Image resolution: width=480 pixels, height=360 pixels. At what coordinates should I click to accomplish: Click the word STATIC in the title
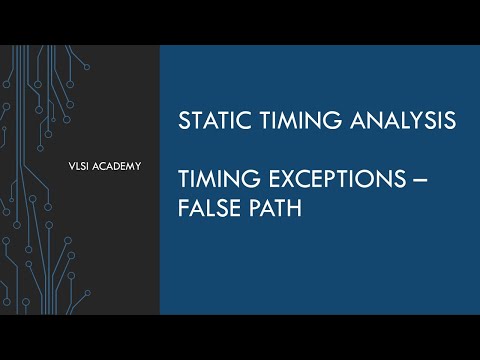tap(208, 121)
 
